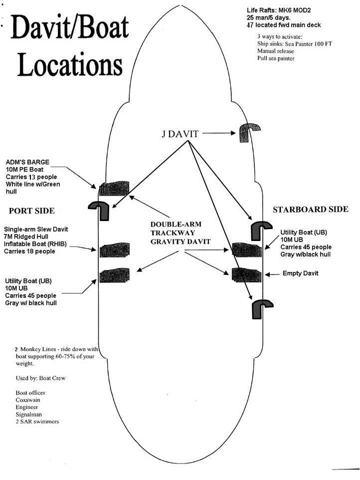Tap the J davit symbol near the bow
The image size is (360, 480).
247,134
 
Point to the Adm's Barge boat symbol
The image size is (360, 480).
114,189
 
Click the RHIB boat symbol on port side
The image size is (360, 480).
115,249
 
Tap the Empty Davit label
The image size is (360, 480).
301,273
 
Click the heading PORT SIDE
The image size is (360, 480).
31,211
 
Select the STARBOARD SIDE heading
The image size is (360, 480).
310,209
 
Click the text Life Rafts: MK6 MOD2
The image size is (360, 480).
281,10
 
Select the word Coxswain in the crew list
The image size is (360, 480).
28,400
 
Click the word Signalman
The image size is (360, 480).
28,414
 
